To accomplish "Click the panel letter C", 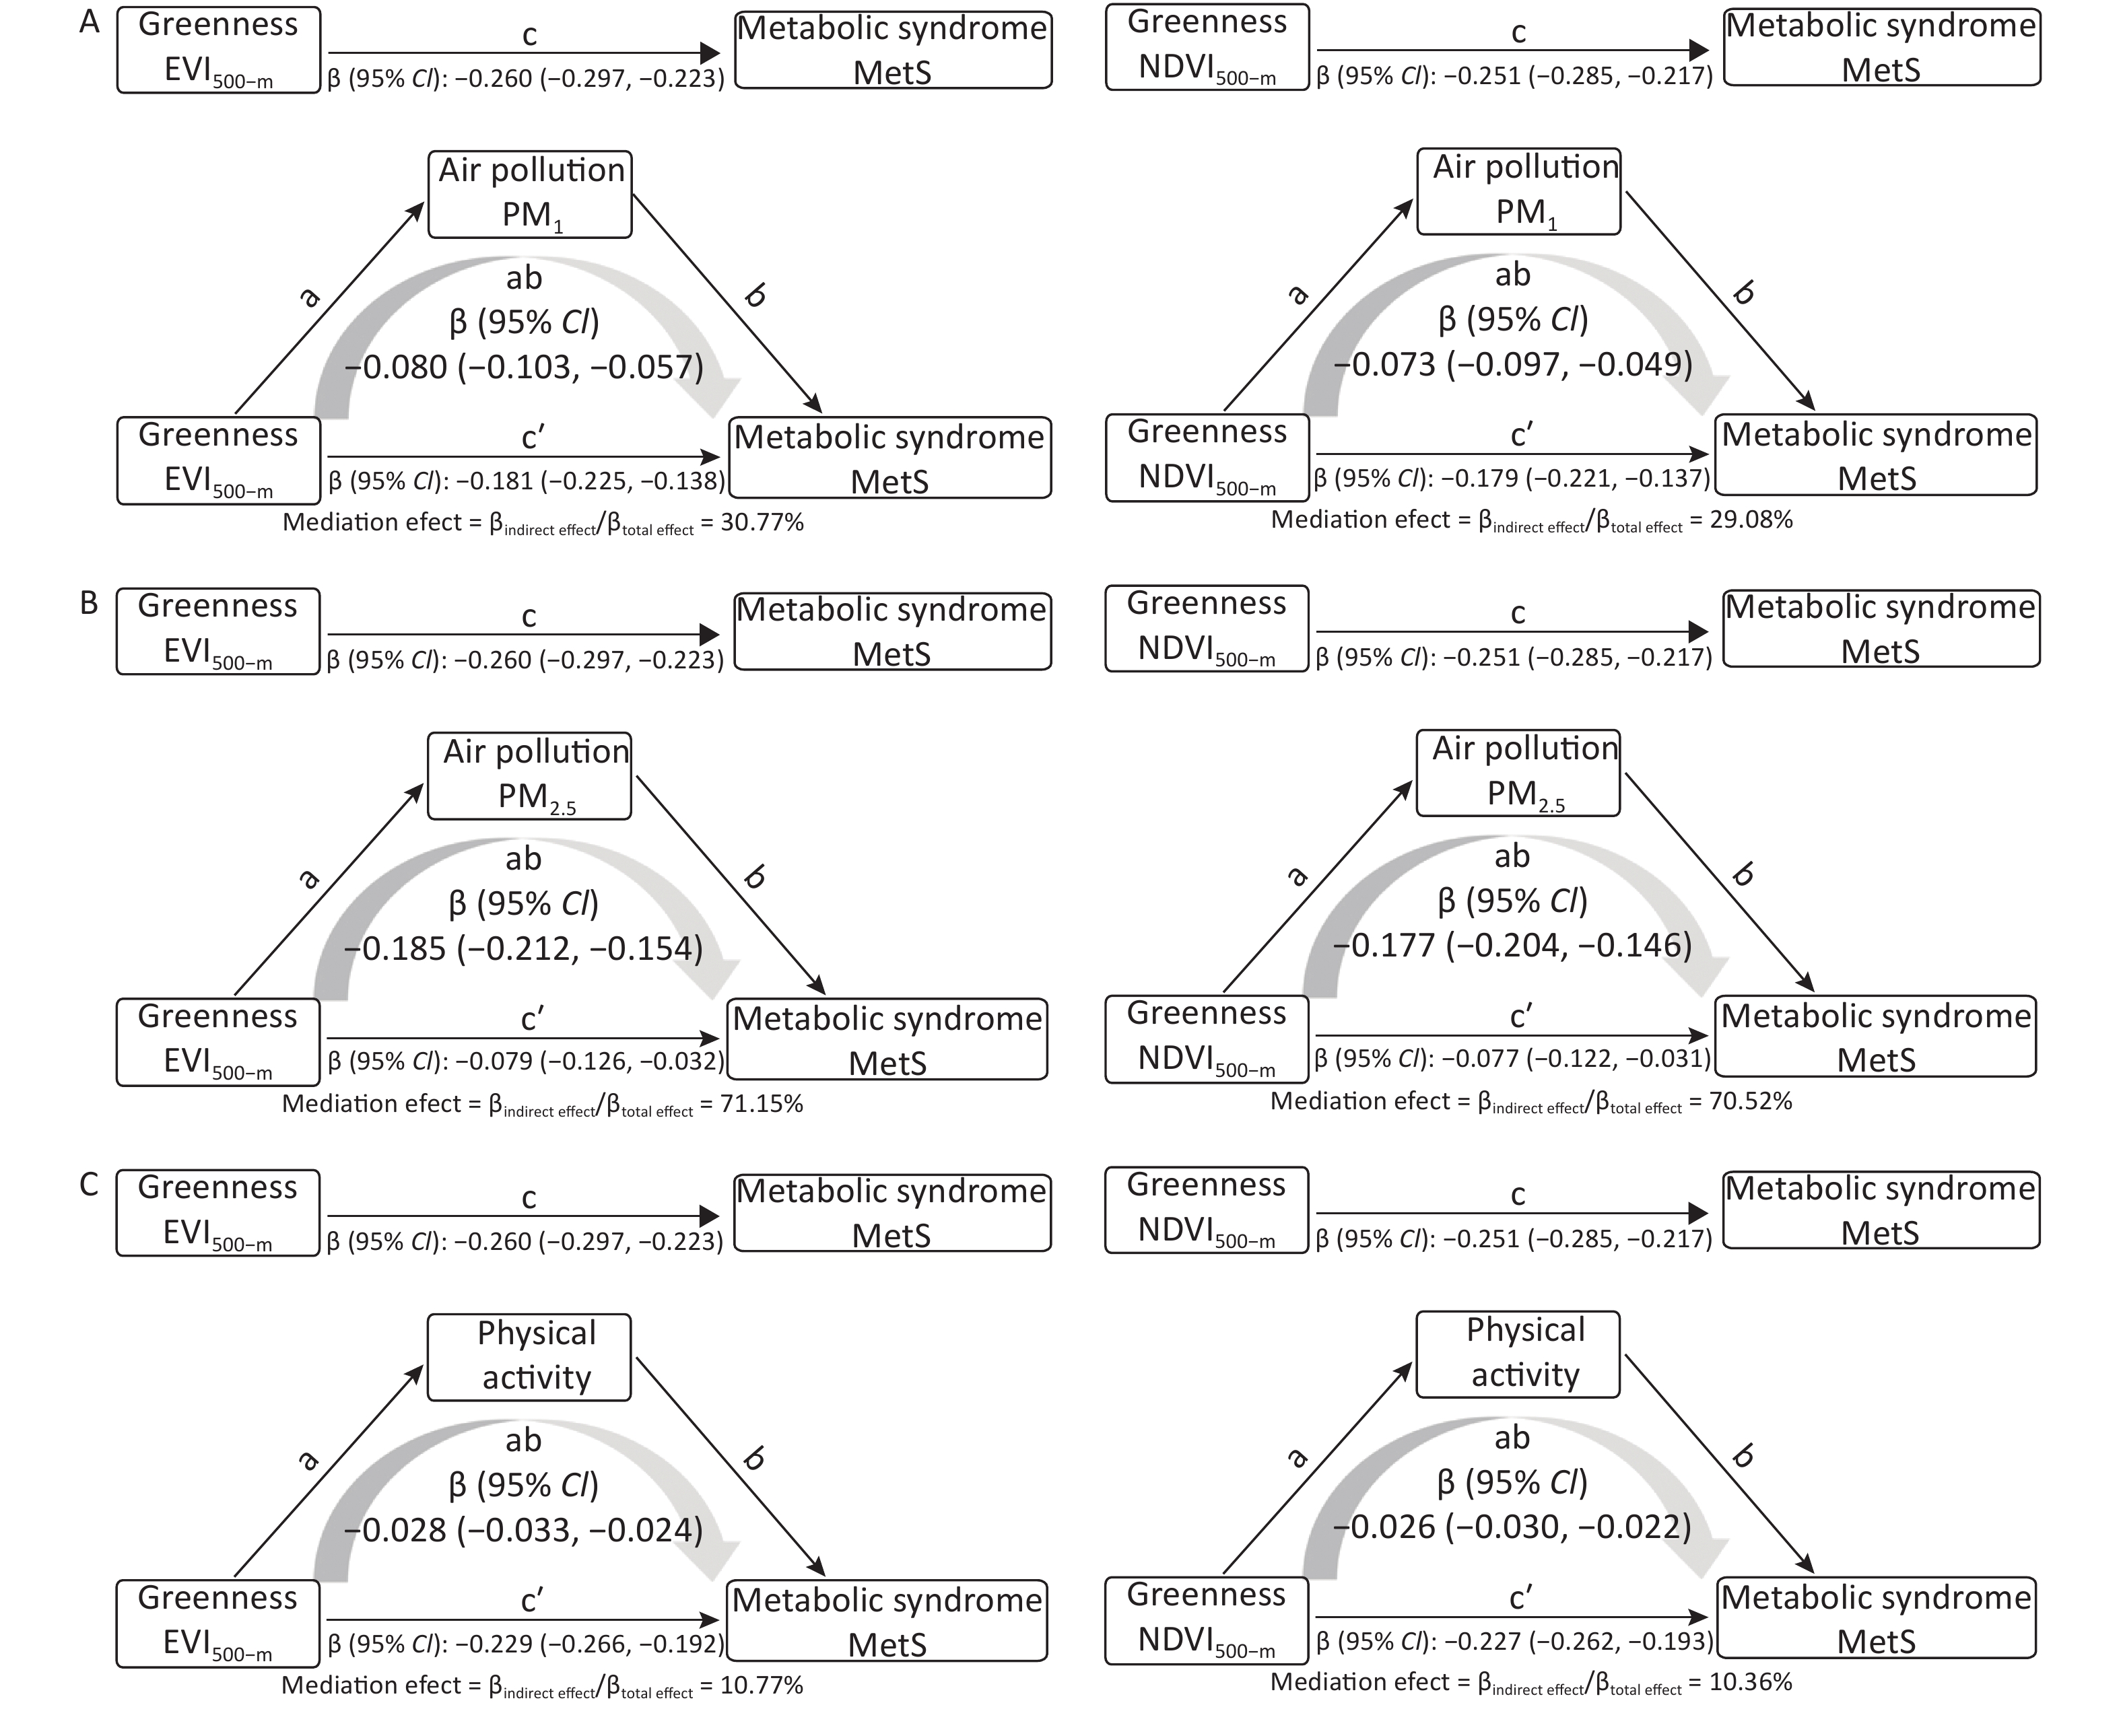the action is click(x=89, y=1184).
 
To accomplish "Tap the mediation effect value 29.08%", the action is click(x=1751, y=519).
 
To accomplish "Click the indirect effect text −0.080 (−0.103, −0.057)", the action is click(x=524, y=368).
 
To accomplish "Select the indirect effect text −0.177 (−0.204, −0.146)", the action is click(x=1512, y=945).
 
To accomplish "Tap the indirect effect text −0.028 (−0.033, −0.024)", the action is click(x=524, y=1530).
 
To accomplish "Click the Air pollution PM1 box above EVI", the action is click(x=530, y=194).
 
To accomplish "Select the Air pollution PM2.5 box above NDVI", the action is click(x=1518, y=773).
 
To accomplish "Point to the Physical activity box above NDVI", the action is click(x=1518, y=1354).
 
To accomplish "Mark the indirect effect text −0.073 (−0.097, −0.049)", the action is click(x=1512, y=364).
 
